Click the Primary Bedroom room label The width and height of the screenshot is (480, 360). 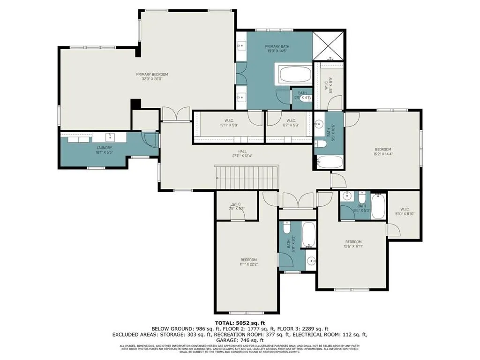point(152,77)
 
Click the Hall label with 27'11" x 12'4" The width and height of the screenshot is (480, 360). point(242,153)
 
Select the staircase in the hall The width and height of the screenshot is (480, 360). point(247,178)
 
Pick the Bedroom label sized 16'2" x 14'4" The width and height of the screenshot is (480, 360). point(382,151)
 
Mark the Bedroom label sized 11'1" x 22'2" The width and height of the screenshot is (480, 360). point(248,262)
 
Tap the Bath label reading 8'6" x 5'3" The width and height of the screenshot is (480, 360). point(361,209)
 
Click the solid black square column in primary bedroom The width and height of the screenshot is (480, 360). point(136,104)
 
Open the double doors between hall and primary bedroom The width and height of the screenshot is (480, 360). point(176,114)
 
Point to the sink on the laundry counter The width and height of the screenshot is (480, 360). point(110,137)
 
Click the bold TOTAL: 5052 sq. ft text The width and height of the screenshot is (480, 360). point(240,323)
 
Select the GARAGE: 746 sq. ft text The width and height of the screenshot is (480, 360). point(240,341)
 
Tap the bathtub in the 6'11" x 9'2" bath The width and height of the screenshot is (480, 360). point(308,234)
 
